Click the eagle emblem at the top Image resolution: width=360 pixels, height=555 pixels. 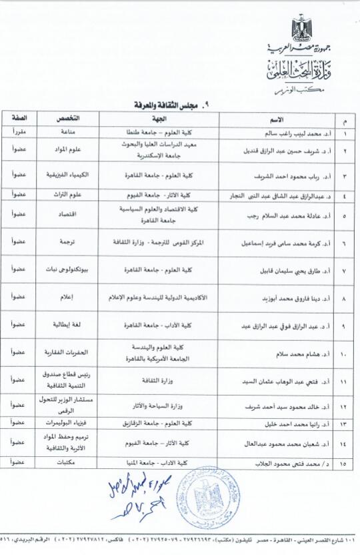pos(301,28)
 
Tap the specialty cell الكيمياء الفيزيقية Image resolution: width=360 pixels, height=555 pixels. pos(71,174)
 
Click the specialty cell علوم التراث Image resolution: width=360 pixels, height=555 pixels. pos(71,194)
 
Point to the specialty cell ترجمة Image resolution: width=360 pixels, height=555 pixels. pos(71,243)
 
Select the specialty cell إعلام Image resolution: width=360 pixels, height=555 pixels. pos(71,296)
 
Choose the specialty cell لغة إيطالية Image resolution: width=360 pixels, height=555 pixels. pos(71,324)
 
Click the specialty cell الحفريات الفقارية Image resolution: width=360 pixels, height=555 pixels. pos(71,352)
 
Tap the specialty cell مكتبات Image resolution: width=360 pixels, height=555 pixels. pos(71,462)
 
